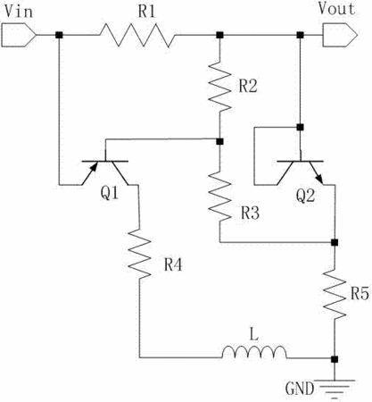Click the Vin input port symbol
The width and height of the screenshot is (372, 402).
point(19,35)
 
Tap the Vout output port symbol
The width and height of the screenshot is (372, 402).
point(340,35)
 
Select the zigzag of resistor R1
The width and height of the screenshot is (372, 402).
point(137,35)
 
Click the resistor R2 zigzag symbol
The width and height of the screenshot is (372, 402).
point(219,87)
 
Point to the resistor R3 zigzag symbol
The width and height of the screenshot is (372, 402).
point(219,196)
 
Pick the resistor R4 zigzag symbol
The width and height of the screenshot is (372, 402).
point(139,254)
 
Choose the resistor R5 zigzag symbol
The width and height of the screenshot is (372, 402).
point(335,295)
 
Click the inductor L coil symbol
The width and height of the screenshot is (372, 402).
point(254,352)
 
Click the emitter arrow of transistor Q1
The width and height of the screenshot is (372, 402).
point(93,168)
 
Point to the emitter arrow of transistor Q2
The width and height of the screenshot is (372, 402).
point(318,178)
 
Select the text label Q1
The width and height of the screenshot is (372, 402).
point(110,193)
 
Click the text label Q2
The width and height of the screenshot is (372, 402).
point(305,197)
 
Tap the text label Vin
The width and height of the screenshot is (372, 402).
point(19,12)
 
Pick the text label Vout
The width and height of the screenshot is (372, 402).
point(336,9)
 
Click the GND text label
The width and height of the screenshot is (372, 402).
point(300,389)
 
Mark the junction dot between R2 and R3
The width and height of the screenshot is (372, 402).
point(219,141)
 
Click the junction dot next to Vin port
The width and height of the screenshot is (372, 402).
point(59,35)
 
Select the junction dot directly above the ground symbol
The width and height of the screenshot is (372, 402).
point(335,359)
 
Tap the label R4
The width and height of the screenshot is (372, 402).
point(173,264)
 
